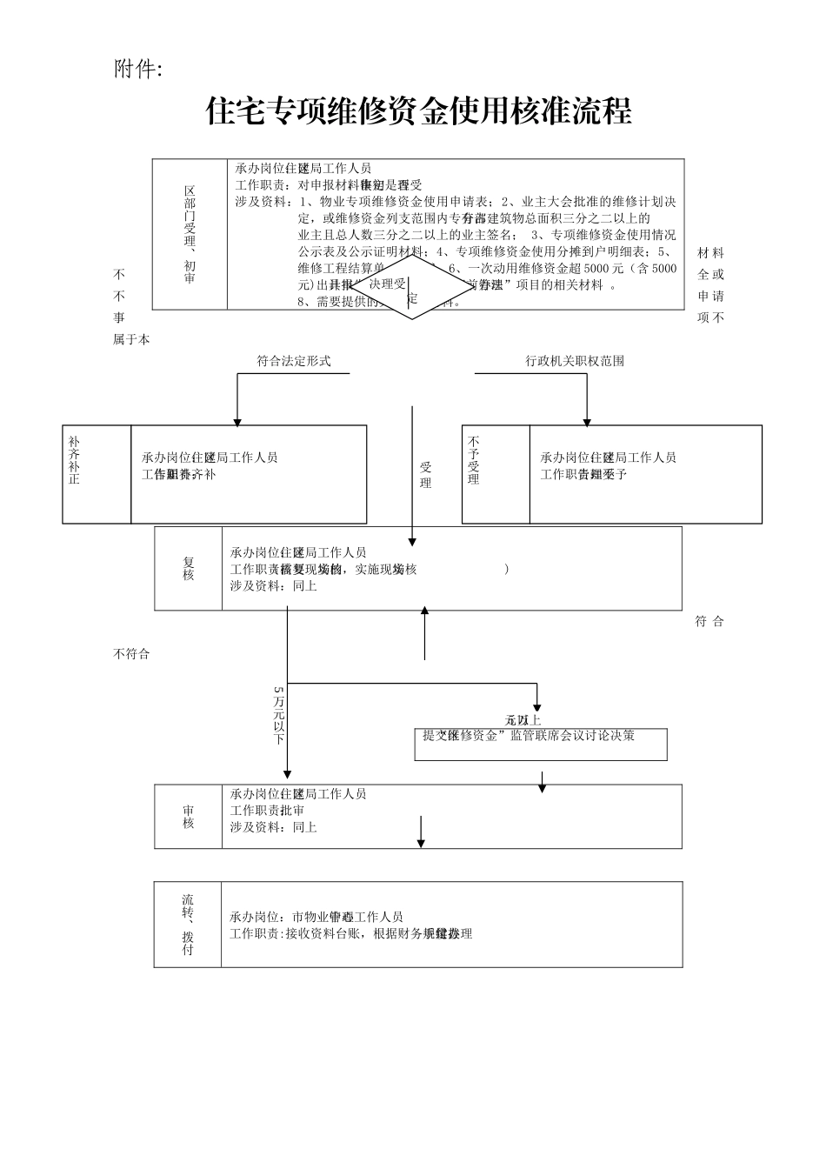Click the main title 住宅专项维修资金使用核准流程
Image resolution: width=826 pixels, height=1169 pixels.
point(418,111)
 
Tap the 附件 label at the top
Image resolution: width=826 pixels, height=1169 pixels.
point(137,70)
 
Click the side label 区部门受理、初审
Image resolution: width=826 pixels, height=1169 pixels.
point(190,234)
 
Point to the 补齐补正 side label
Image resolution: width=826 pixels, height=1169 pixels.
point(75,460)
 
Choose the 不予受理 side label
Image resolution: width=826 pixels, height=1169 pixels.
point(474,461)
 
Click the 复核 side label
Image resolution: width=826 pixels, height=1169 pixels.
point(189,569)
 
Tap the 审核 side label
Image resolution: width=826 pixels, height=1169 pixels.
point(189,817)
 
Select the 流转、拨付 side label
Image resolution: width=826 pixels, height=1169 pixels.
point(188,925)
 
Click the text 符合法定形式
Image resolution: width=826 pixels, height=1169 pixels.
point(294,361)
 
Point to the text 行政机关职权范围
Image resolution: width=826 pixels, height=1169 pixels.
point(575,361)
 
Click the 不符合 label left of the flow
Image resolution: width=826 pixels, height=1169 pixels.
point(131,654)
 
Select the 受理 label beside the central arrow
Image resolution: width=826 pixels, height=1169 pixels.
point(425,476)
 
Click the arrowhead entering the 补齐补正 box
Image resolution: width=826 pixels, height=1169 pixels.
point(237,422)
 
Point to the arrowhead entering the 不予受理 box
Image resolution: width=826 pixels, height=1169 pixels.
point(587,422)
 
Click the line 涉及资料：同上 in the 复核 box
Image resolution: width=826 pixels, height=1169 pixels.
point(274,586)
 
